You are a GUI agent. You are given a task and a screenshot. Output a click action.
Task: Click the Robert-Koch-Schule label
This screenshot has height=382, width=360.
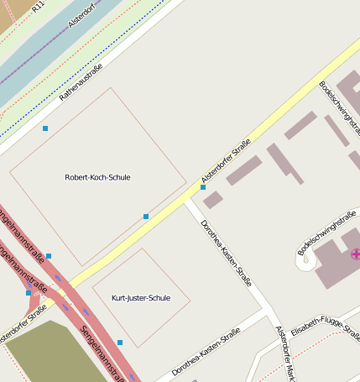point(97,177)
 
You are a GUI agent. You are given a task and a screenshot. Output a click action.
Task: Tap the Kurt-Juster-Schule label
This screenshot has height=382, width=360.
point(141,298)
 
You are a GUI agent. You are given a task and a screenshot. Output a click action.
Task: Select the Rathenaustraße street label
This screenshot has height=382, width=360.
point(81,82)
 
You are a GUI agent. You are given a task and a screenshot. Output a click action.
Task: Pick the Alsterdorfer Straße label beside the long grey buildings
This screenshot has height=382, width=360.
point(226,161)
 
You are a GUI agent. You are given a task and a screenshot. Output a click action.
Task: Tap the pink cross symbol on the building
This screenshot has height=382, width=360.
point(355,253)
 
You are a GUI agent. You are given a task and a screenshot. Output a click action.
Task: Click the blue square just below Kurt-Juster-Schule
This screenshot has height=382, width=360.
point(120,343)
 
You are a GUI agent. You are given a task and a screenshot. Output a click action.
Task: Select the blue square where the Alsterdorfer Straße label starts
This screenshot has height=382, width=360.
point(203,187)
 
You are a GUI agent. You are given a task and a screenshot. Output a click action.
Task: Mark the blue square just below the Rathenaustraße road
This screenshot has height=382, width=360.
point(45,128)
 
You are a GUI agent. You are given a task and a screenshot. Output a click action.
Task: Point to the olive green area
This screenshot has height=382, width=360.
point(50,353)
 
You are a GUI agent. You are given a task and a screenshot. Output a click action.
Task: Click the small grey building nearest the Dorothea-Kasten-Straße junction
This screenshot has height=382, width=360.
point(213,200)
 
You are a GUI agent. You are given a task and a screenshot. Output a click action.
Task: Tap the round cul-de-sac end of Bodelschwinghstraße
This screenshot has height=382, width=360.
point(305,260)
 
